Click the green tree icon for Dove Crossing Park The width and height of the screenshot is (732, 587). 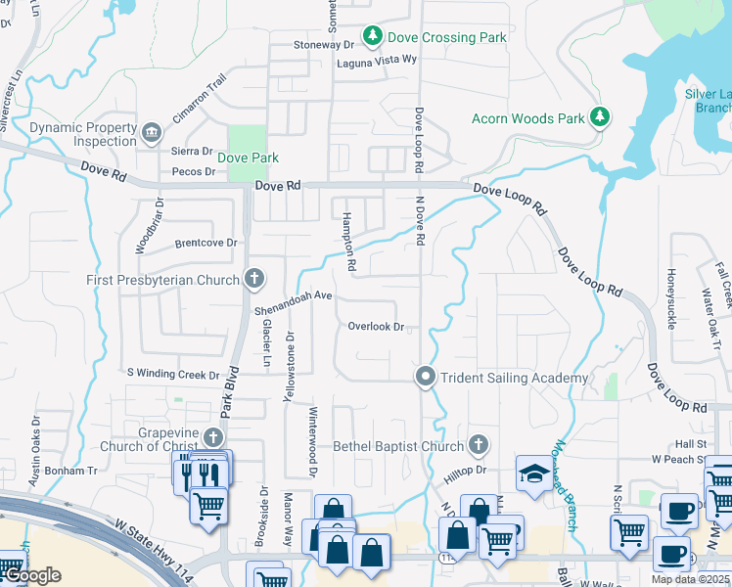coord(373,37)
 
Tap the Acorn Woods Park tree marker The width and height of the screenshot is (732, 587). coord(600,118)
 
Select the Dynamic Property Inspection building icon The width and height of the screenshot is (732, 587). coord(151,132)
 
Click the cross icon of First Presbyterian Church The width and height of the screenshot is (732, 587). coord(253,279)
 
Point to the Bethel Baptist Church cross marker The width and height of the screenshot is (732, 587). coord(479,445)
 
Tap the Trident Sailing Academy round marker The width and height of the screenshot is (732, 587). coord(426,377)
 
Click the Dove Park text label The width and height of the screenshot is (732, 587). coord(248,158)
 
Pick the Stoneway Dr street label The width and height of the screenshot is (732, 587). coord(324,45)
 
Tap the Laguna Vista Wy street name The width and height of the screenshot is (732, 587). coord(377,60)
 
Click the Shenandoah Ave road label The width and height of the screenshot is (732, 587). coord(294,302)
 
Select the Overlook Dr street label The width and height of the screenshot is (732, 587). coord(376,327)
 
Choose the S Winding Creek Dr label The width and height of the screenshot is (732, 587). coord(173,374)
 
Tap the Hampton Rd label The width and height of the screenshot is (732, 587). coord(348,245)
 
